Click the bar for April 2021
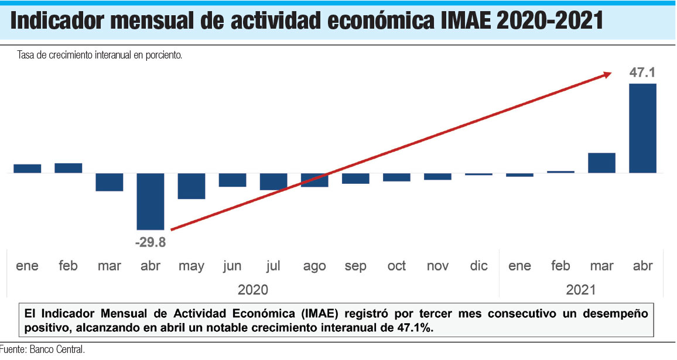(642, 128)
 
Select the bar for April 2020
(150, 201)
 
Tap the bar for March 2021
(601, 163)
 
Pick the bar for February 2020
(69, 168)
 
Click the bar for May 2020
(192, 186)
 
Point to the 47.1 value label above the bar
(642, 73)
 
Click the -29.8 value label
(150, 242)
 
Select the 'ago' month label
(314, 266)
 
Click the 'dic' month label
(478, 266)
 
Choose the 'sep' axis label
(355, 266)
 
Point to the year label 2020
(253, 290)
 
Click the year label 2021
(581, 290)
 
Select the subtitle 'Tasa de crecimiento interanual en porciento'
(100, 56)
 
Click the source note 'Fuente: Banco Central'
(42, 351)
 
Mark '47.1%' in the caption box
(412, 328)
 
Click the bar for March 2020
(110, 182)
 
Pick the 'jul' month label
(273, 266)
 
